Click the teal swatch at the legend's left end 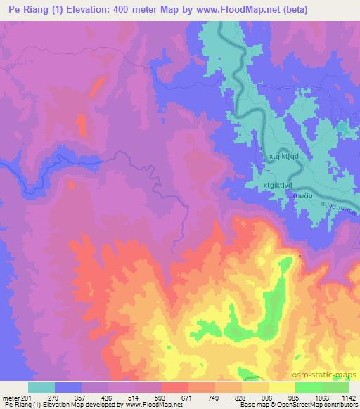tap(41, 387)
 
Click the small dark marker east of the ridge tap(301, 256)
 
